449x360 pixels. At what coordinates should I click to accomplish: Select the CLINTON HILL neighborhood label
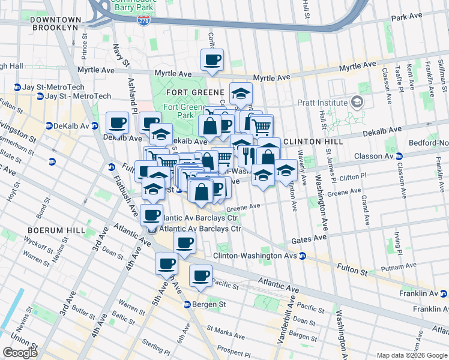(x=313, y=142)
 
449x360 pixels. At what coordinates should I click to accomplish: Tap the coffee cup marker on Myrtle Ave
(x=212, y=60)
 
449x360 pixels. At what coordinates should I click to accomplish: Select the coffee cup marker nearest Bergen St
(x=200, y=276)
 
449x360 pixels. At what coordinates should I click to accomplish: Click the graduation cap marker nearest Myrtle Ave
(x=241, y=94)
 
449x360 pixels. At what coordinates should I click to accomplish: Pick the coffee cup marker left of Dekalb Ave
(x=117, y=124)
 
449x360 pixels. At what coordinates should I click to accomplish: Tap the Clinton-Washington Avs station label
(x=255, y=256)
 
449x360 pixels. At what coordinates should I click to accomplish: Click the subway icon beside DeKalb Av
(x=50, y=126)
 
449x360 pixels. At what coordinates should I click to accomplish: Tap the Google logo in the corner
(x=20, y=353)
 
